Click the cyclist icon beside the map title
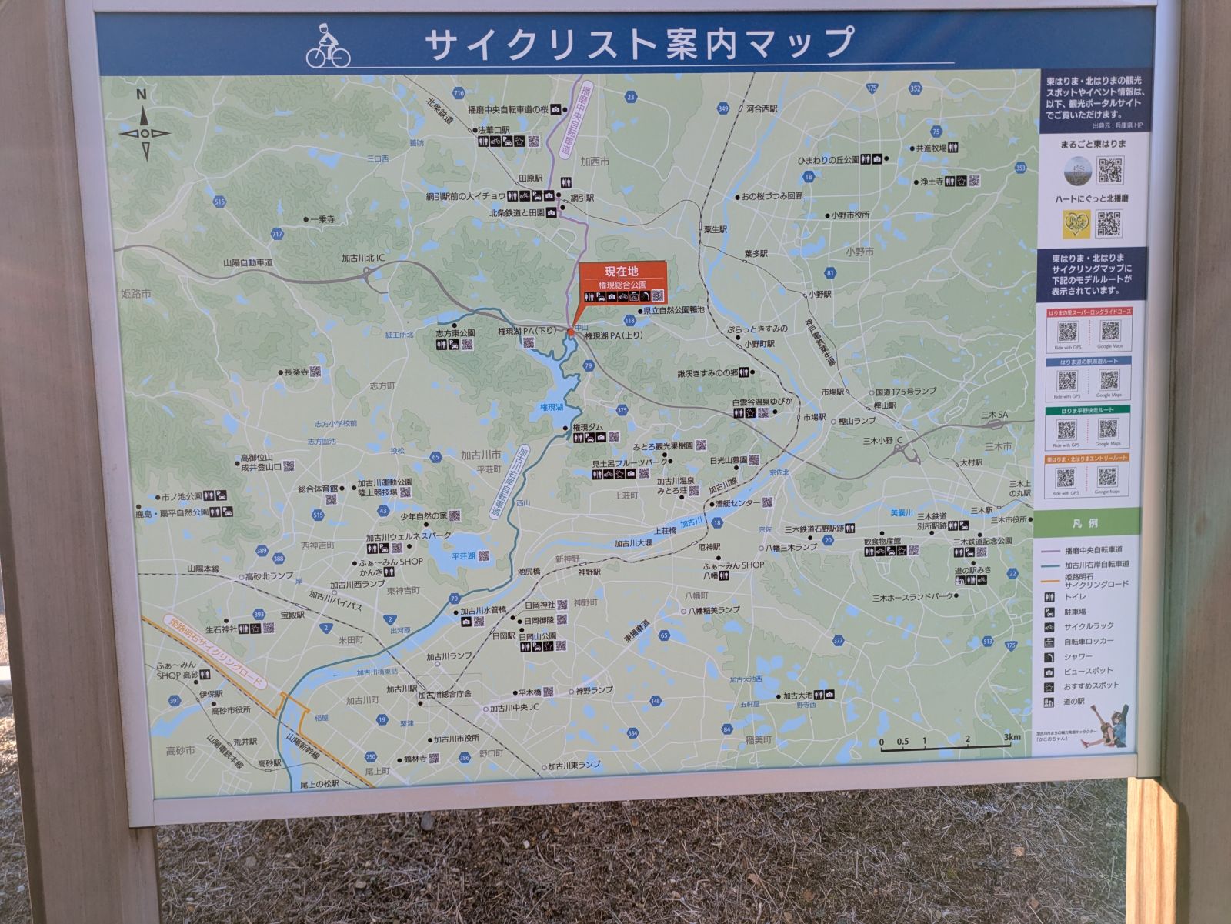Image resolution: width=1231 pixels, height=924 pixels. (328, 46)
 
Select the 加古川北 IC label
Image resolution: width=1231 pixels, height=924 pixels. (363, 258)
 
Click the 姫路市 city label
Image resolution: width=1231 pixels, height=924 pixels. (136, 294)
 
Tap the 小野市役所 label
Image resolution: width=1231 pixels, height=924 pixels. (850, 215)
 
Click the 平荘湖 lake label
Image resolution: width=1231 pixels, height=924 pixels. (463, 555)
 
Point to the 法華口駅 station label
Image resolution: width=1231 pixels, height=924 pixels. (494, 130)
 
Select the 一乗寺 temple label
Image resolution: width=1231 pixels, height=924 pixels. (321, 219)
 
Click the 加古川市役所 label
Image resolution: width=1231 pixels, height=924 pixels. (456, 739)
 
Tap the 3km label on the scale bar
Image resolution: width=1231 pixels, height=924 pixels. (1012, 737)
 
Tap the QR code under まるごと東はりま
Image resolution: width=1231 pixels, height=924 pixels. (1109, 170)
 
